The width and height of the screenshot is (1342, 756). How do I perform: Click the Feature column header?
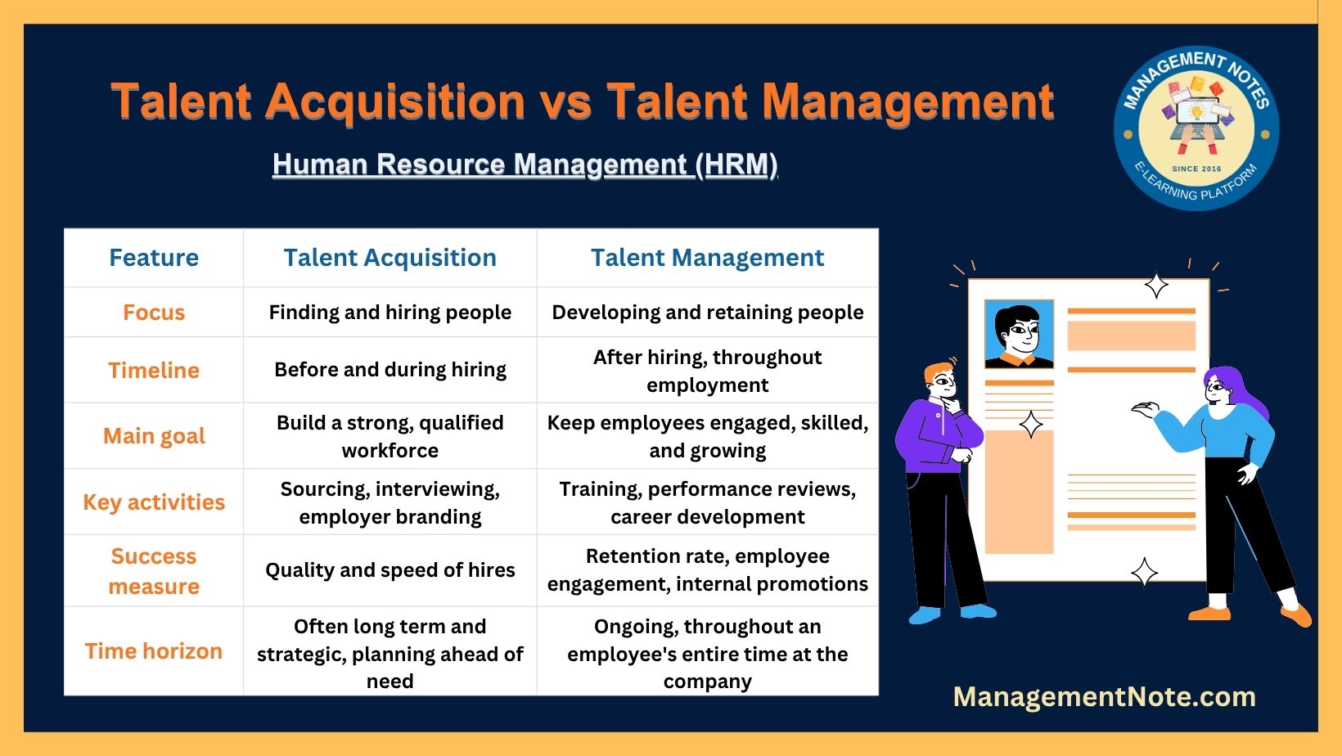click(x=153, y=258)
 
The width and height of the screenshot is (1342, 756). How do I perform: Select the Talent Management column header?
click(x=707, y=258)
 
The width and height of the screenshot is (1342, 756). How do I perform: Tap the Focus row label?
click(x=153, y=313)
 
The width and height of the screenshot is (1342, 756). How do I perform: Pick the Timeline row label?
click(x=153, y=370)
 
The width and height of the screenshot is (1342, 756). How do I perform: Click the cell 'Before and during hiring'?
click(x=390, y=370)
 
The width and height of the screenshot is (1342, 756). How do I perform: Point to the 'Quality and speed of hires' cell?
click(x=390, y=569)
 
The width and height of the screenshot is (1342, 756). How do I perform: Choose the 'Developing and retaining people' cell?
click(x=708, y=312)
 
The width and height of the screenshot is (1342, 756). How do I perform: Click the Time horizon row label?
click(x=153, y=651)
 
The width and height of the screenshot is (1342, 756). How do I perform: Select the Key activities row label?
click(x=153, y=502)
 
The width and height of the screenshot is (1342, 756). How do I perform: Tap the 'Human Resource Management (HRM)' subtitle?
click(x=525, y=164)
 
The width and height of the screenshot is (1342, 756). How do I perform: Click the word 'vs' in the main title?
click(x=567, y=101)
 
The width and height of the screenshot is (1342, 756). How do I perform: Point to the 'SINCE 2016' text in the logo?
click(x=1196, y=169)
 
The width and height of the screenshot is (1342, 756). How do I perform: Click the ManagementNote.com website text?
click(x=1104, y=697)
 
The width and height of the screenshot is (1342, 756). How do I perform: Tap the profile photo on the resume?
click(x=1019, y=335)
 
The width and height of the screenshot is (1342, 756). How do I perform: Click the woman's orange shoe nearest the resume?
click(x=1210, y=614)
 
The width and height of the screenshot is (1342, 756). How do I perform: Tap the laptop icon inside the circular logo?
click(x=1196, y=117)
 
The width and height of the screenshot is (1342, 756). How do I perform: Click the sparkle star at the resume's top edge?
click(x=1156, y=286)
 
